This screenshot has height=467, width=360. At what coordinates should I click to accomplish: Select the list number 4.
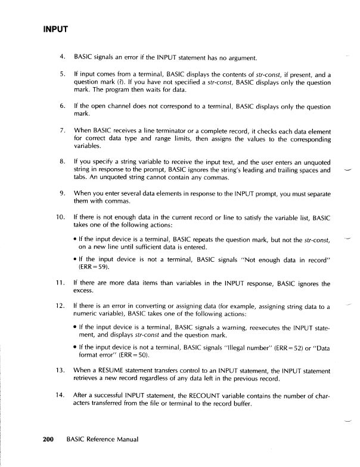click(x=63, y=58)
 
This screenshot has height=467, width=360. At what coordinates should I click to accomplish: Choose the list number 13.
click(x=61, y=372)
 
